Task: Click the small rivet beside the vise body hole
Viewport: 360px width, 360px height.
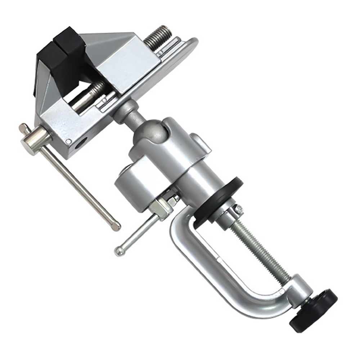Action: pyautogui.click(x=68, y=141)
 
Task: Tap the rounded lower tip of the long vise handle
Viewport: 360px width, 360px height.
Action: pyautogui.click(x=116, y=226)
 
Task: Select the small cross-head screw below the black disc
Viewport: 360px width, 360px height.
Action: pyautogui.click(x=238, y=209)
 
